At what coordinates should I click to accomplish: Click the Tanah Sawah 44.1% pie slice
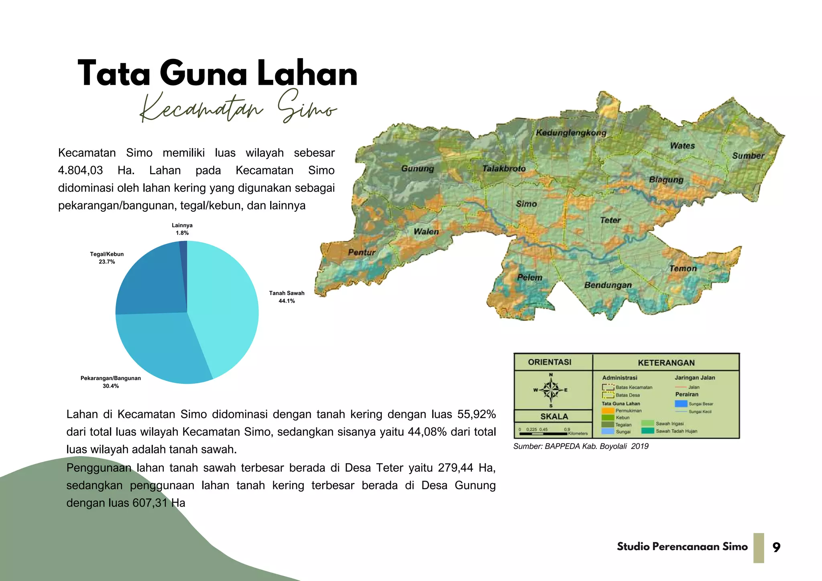[x=225, y=305]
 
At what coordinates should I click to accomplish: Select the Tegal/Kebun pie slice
[x=153, y=281]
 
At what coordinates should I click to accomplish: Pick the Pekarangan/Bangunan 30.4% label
[x=110, y=382]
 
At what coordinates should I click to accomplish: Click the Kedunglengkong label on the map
[x=571, y=133]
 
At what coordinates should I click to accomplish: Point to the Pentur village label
[x=362, y=252]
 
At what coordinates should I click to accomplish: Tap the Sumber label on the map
[x=748, y=156]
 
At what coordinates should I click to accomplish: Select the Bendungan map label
[x=608, y=285]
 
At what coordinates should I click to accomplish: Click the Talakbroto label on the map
[x=504, y=168]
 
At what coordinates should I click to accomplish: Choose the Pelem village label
[x=529, y=277]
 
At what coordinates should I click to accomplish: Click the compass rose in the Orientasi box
[x=551, y=389]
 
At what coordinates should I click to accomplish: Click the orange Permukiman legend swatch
[x=608, y=411]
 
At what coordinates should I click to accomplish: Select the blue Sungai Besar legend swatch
[x=681, y=403]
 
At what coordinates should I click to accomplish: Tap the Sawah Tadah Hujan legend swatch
[x=647, y=431]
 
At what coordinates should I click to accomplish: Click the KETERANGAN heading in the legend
[x=666, y=362]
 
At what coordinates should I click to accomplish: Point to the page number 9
[x=776, y=547]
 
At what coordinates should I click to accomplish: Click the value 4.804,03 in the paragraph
[x=80, y=170]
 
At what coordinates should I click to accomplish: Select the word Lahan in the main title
[x=307, y=73]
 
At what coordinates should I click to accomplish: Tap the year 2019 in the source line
[x=639, y=446]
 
